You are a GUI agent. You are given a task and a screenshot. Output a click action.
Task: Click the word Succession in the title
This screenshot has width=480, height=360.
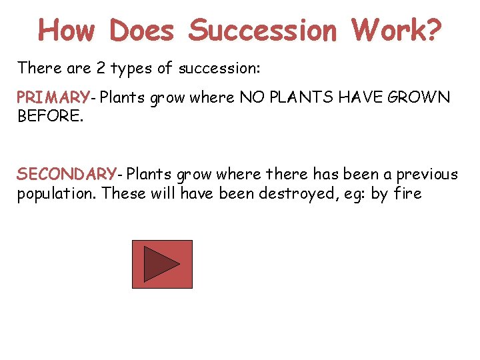pyautogui.click(x=263, y=30)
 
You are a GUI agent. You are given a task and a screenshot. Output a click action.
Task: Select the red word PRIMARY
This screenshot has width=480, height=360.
pyautogui.click(x=53, y=98)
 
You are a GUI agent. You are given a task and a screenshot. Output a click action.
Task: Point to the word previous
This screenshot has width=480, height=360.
pyautogui.click(x=427, y=175)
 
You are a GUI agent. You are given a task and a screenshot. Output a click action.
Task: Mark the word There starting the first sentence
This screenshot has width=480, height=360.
pyautogui.click(x=37, y=67)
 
